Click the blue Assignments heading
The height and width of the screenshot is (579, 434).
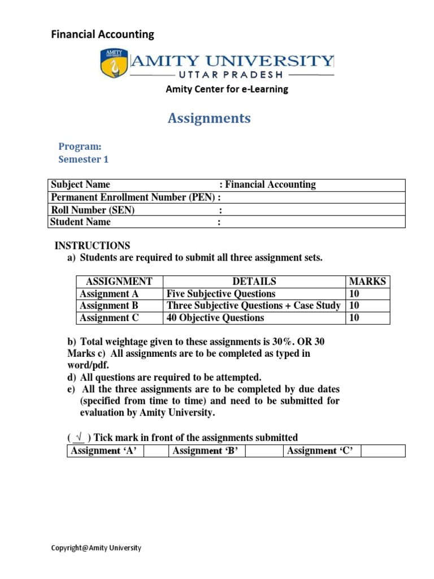[209, 118]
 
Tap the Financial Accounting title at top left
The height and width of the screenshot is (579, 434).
[102, 34]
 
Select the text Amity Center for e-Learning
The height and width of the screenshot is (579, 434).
[226, 89]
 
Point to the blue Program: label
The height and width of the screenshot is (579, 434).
[80, 146]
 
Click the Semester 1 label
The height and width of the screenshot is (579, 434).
[83, 159]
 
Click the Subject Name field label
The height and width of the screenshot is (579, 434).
[80, 185]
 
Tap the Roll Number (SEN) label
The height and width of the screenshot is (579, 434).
[93, 210]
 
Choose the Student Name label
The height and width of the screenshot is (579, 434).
[80, 222]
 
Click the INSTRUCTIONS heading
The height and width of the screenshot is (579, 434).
[92, 245]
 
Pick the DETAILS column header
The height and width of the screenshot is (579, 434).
[254, 281]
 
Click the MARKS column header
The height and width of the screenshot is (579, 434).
[367, 281]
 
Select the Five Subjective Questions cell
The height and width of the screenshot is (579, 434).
[220, 293]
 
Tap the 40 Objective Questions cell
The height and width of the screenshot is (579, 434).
[215, 318]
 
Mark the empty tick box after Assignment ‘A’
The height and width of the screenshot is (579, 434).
[156, 451]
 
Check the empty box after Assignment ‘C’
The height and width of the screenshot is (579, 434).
[383, 451]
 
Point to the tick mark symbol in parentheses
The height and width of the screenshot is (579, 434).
[79, 438]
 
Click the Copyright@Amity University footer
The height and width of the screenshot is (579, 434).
[96, 548]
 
